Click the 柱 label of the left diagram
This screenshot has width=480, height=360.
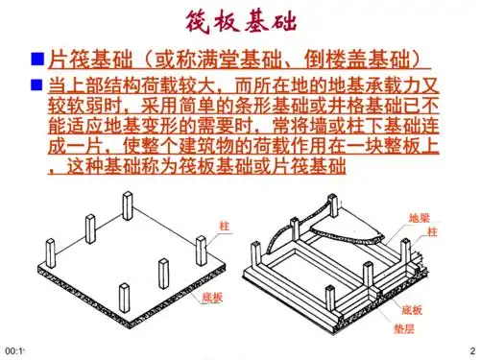225,225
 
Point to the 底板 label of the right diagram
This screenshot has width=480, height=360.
411,310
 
